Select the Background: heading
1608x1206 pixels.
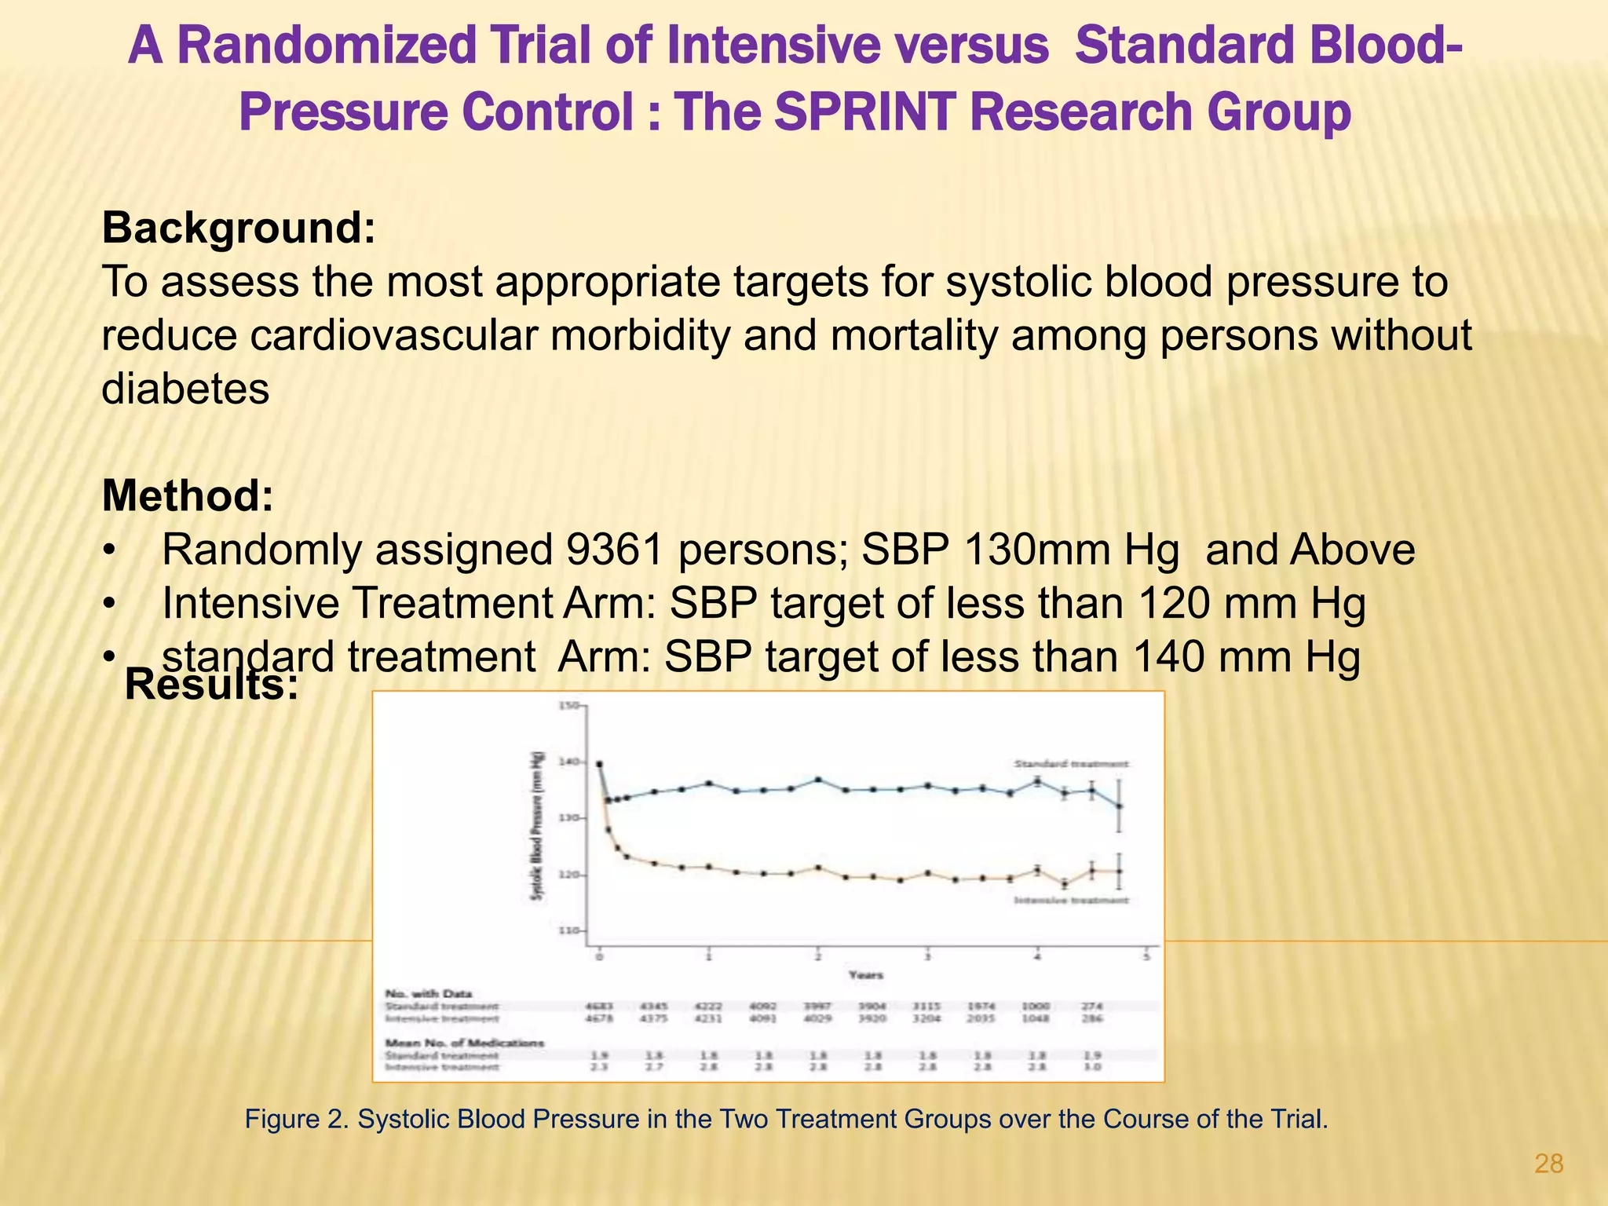(x=239, y=228)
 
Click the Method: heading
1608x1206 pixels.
(x=188, y=496)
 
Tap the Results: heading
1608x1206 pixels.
(x=211, y=685)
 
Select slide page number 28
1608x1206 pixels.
(x=1548, y=1164)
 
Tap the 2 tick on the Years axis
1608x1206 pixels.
(x=817, y=956)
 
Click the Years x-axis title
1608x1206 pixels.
(x=865, y=975)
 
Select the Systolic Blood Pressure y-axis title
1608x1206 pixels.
(x=538, y=824)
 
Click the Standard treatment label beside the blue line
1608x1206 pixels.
(x=1071, y=763)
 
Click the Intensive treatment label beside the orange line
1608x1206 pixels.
(x=1071, y=900)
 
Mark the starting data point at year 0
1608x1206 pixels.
(x=599, y=763)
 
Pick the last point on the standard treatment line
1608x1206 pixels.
(x=1120, y=806)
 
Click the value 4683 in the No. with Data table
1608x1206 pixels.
(x=599, y=1006)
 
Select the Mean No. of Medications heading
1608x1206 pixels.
(x=464, y=1043)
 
